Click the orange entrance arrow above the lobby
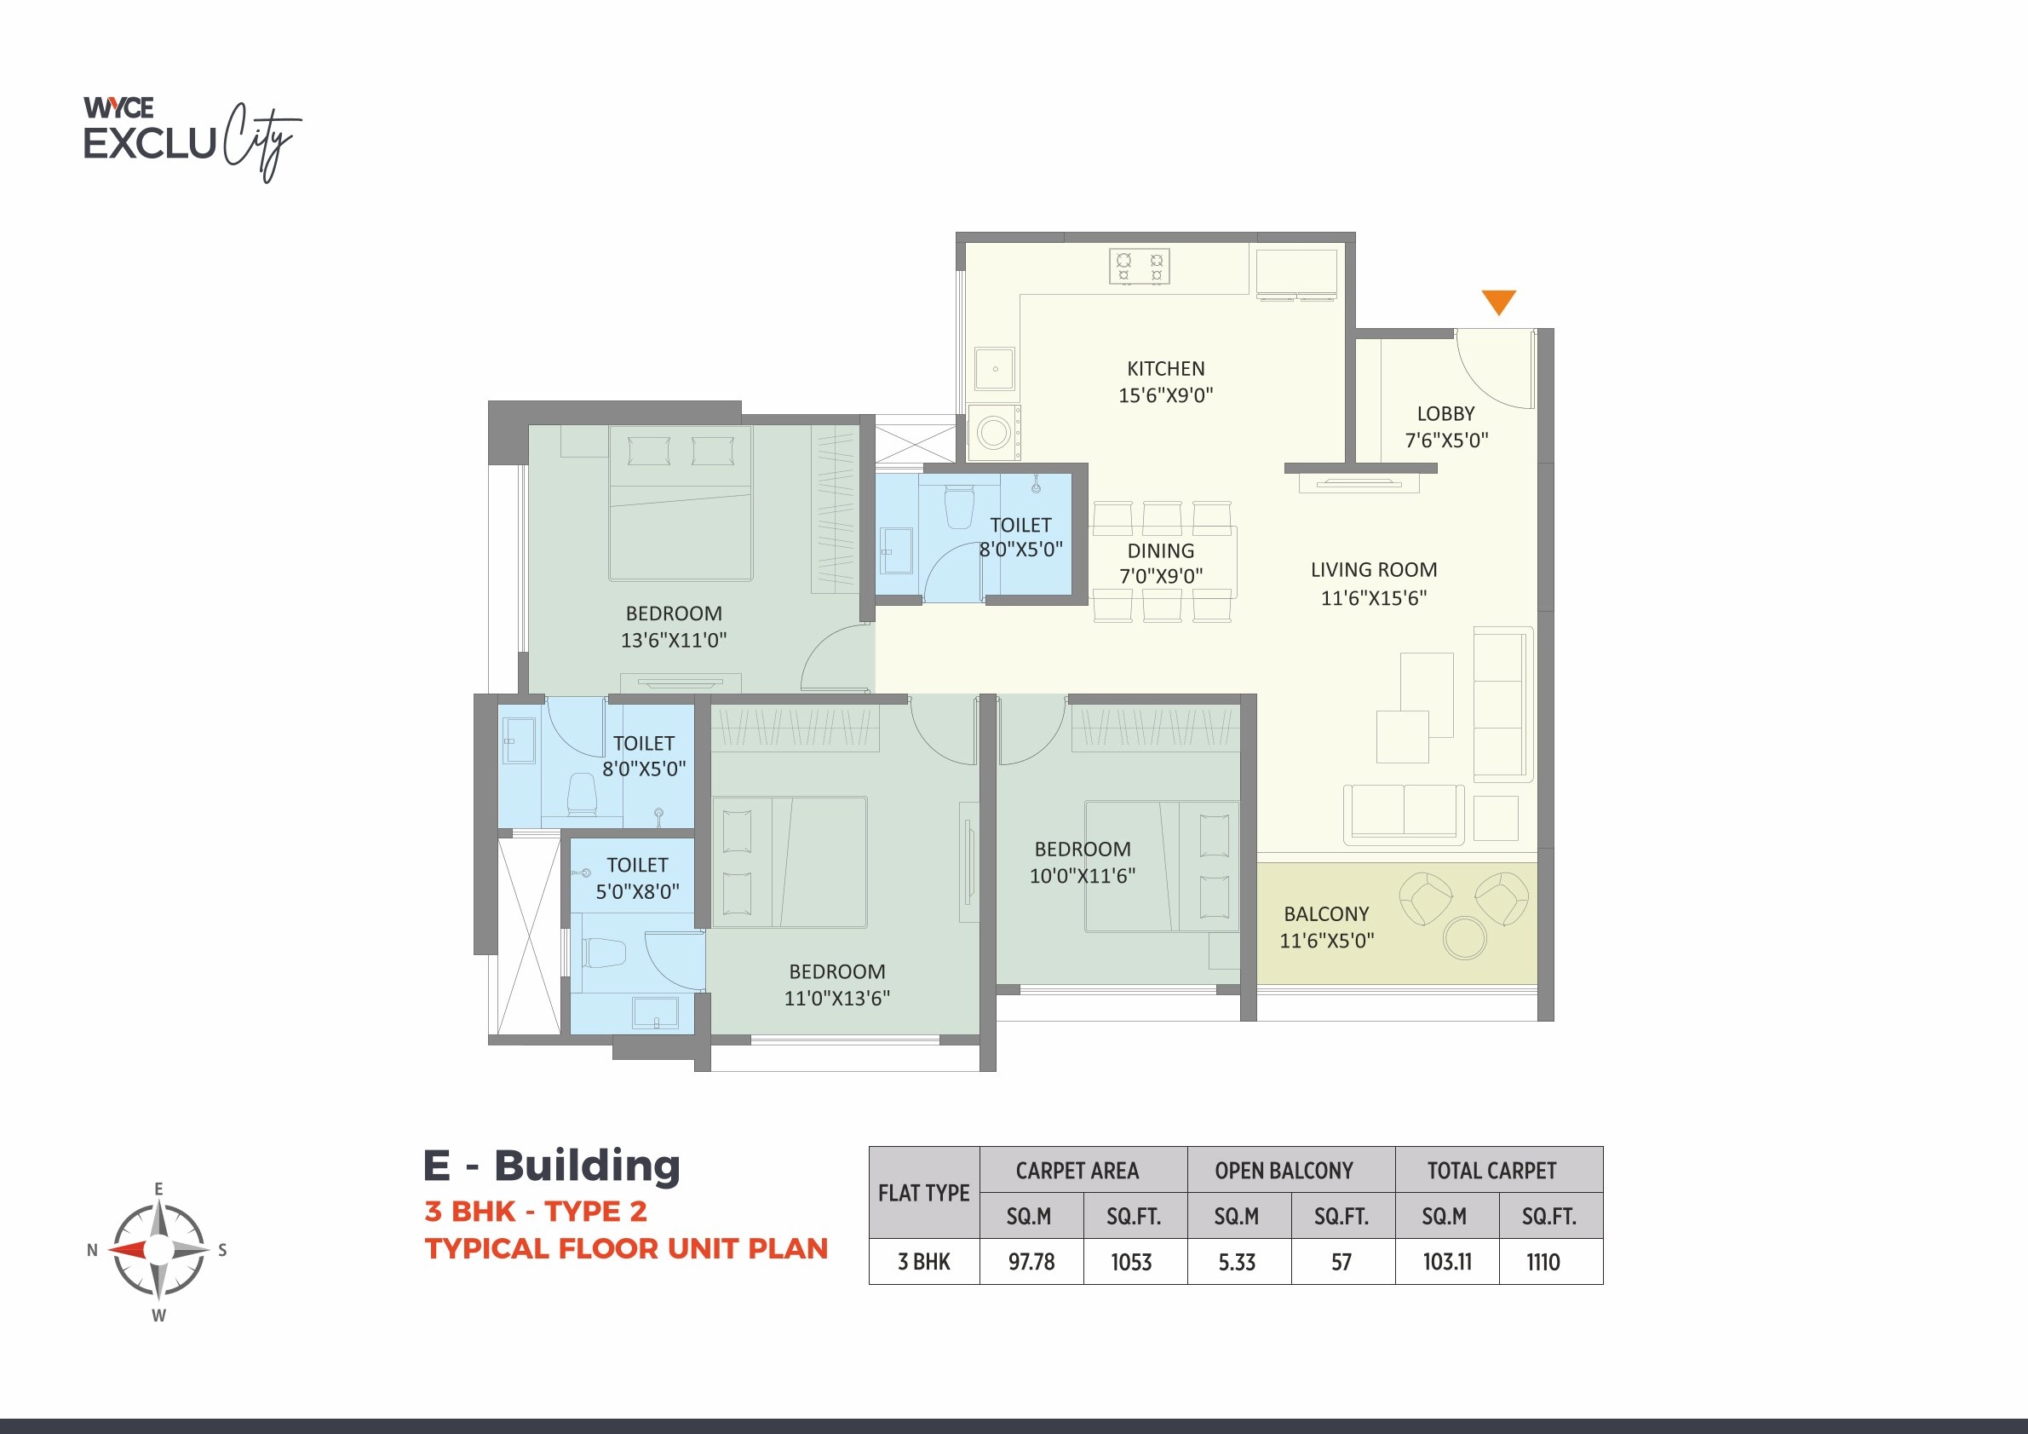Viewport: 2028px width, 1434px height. coord(1499,302)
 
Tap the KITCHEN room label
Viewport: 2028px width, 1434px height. coord(1165,369)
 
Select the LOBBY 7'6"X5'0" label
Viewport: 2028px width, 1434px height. coord(1446,427)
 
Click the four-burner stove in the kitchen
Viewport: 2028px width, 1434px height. coord(1140,267)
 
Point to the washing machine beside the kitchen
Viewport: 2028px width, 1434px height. coord(994,433)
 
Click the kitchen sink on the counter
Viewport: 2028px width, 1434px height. coord(995,368)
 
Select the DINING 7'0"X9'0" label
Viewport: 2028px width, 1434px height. coord(1161,563)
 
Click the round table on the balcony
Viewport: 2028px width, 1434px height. coord(1464,937)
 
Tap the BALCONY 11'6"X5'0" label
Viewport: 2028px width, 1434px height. coord(1327,927)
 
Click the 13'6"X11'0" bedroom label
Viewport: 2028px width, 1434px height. coord(673,627)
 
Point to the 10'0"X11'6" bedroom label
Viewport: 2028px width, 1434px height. coord(1082,862)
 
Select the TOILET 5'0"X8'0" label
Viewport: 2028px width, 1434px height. coord(637,878)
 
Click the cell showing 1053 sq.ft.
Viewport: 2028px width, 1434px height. coord(1131,1262)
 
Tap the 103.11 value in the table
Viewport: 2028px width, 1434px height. coord(1446,1262)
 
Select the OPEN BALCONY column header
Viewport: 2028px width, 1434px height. coord(1284,1171)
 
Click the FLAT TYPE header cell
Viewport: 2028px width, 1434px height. coord(923,1193)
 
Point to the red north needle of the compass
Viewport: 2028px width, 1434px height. coord(128,1249)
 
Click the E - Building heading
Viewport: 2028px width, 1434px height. coord(552,1166)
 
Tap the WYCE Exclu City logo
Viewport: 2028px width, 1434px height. coord(190,137)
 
